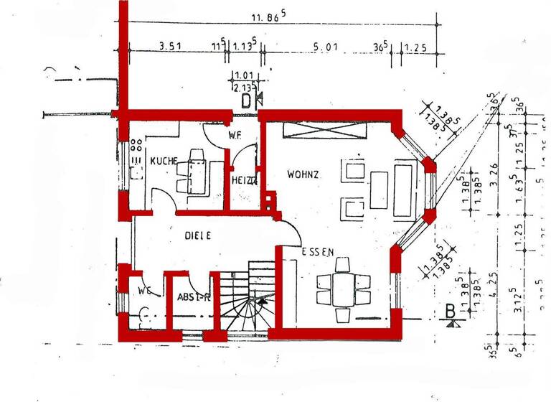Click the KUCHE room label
(x=163, y=161)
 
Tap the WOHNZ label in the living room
(x=303, y=174)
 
